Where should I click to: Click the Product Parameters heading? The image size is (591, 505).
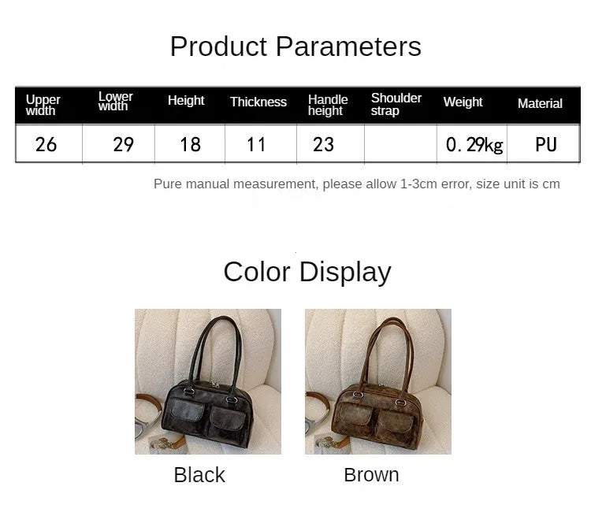click(295, 46)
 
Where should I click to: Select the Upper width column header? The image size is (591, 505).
click(43, 105)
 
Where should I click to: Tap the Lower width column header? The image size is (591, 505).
click(115, 102)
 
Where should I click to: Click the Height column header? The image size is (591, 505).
click(186, 101)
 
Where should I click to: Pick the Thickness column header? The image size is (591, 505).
click(258, 102)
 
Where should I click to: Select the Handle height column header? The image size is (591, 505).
click(328, 105)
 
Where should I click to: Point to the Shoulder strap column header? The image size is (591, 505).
click(396, 104)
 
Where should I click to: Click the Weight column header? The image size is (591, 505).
click(463, 102)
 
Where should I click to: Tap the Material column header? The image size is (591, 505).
click(540, 104)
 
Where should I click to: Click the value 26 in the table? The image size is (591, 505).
click(46, 144)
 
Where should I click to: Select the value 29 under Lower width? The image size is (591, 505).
click(123, 144)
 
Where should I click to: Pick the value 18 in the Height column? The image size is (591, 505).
click(190, 144)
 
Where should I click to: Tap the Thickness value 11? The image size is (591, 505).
click(256, 144)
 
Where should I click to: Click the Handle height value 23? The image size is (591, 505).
click(323, 144)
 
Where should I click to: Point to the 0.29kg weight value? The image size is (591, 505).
click(474, 145)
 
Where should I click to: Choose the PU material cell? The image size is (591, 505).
click(545, 144)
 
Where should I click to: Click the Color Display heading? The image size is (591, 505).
click(307, 272)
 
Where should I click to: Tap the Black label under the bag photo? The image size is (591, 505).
click(199, 475)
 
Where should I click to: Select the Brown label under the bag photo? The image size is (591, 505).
click(371, 475)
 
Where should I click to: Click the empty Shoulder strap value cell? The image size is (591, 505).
click(400, 144)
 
